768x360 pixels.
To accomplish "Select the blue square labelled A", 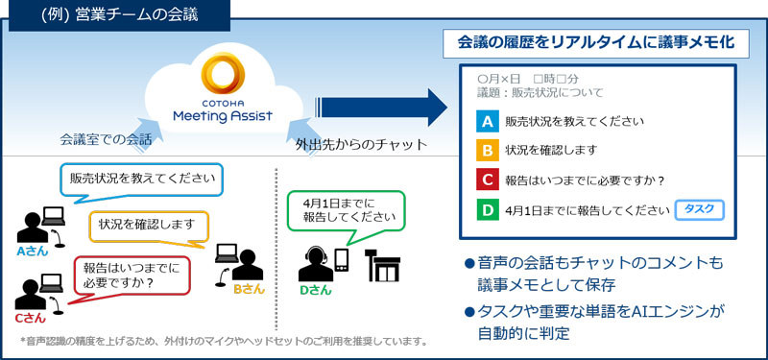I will [487, 122].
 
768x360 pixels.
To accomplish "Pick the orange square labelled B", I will [487, 151].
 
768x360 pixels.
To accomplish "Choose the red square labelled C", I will [487, 180].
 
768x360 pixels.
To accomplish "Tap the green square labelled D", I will [487, 209].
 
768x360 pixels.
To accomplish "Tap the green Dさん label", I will [317, 289].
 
